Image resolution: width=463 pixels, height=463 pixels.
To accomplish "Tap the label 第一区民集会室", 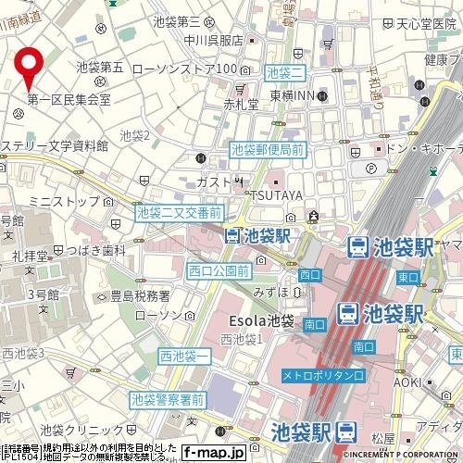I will pyautogui.click(x=69, y=99).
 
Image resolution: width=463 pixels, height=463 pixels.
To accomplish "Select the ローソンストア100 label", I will pyautogui.click(x=186, y=69).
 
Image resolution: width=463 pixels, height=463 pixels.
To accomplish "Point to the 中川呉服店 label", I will pyautogui.click(x=213, y=40).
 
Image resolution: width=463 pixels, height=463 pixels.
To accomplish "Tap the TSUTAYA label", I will pyautogui.click(x=275, y=194).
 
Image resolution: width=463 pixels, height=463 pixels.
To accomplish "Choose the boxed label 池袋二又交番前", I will pyautogui.click(x=178, y=213).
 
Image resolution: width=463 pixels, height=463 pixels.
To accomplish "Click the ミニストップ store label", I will pyautogui.click(x=64, y=200).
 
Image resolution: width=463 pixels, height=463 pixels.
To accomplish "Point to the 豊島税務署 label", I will pyautogui.click(x=140, y=295).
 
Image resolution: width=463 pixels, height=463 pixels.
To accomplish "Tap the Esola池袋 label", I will pyautogui.click(x=260, y=321).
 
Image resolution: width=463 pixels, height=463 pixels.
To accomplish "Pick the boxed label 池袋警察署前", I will pyautogui.click(x=168, y=400).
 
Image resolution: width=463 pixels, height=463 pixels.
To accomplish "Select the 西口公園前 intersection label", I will pyautogui.click(x=218, y=270).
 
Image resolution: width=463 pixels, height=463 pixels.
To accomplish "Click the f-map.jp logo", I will pyautogui.click(x=212, y=453).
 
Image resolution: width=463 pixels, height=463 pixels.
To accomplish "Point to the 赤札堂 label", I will pyautogui.click(x=240, y=105).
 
